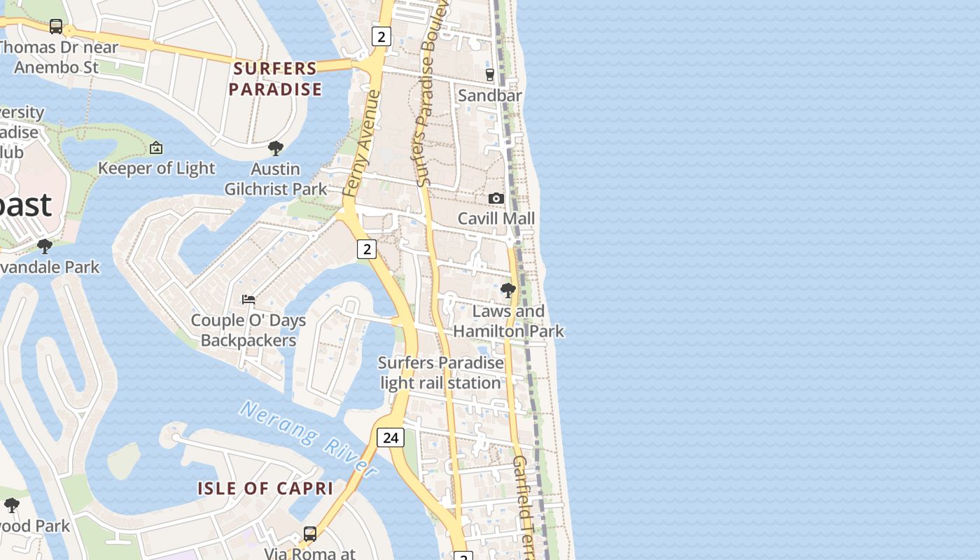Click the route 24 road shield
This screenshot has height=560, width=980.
[391, 437]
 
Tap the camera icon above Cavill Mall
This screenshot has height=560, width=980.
[496, 199]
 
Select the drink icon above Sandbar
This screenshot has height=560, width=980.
[490, 74]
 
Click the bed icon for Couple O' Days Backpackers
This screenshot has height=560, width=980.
[248, 300]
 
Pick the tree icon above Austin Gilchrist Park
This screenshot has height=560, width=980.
[276, 148]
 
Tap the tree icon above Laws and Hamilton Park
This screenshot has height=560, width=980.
[508, 290]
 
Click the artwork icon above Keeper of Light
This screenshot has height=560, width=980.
[156, 148]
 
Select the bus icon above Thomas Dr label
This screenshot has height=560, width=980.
[56, 27]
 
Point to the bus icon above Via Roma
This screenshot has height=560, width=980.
[309, 533]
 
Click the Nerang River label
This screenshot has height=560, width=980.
[308, 437]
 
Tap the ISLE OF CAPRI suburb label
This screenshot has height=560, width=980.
[265, 489]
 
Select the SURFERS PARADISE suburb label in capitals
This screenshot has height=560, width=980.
[275, 79]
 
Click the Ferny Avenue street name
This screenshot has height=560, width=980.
[362, 143]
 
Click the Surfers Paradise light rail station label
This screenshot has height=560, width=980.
[440, 373]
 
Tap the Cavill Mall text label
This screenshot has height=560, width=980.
[496, 218]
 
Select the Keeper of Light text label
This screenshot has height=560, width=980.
[156, 168]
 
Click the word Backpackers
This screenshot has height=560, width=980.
[248, 340]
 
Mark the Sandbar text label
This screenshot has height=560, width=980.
[489, 95]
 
